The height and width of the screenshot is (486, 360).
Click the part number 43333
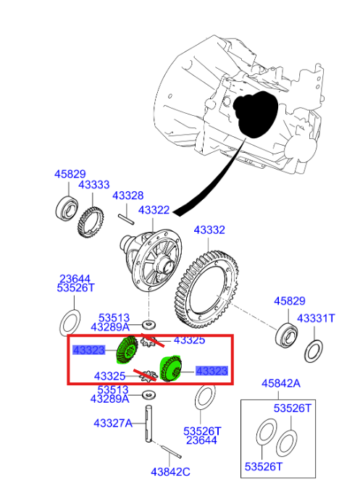[93, 185]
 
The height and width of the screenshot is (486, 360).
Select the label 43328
[127, 196]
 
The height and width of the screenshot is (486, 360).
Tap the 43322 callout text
[154, 210]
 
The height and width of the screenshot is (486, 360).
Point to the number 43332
[209, 230]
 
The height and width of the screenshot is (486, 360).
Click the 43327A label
[112, 423]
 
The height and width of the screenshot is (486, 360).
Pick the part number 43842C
[170, 472]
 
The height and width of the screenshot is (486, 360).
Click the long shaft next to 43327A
[150, 424]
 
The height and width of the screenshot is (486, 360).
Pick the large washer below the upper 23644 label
[70, 319]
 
